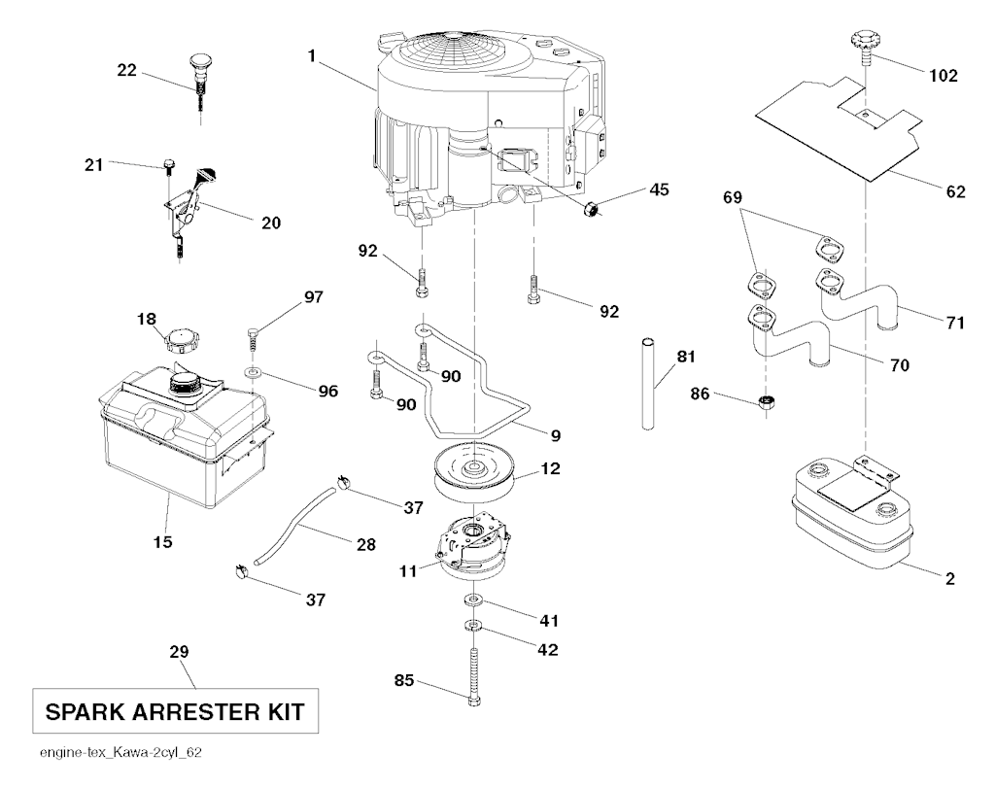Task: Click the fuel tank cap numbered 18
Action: [183, 341]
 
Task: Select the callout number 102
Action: [943, 74]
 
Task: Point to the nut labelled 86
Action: [767, 403]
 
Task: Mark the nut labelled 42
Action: [472, 625]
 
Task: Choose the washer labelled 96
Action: [253, 372]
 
